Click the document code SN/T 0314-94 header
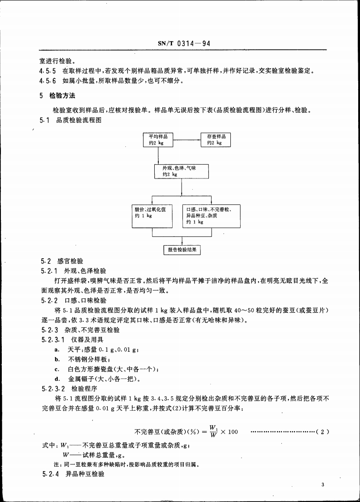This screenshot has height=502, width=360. [184, 44]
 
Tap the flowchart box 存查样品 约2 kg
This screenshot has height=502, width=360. [216, 140]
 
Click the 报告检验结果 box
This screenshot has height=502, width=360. [182, 250]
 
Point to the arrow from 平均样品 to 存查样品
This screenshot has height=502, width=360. [187, 140]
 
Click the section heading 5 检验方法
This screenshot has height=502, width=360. [57, 96]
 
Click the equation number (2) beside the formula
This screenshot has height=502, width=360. [322, 432]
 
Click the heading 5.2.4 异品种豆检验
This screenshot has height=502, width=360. [72, 473]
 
